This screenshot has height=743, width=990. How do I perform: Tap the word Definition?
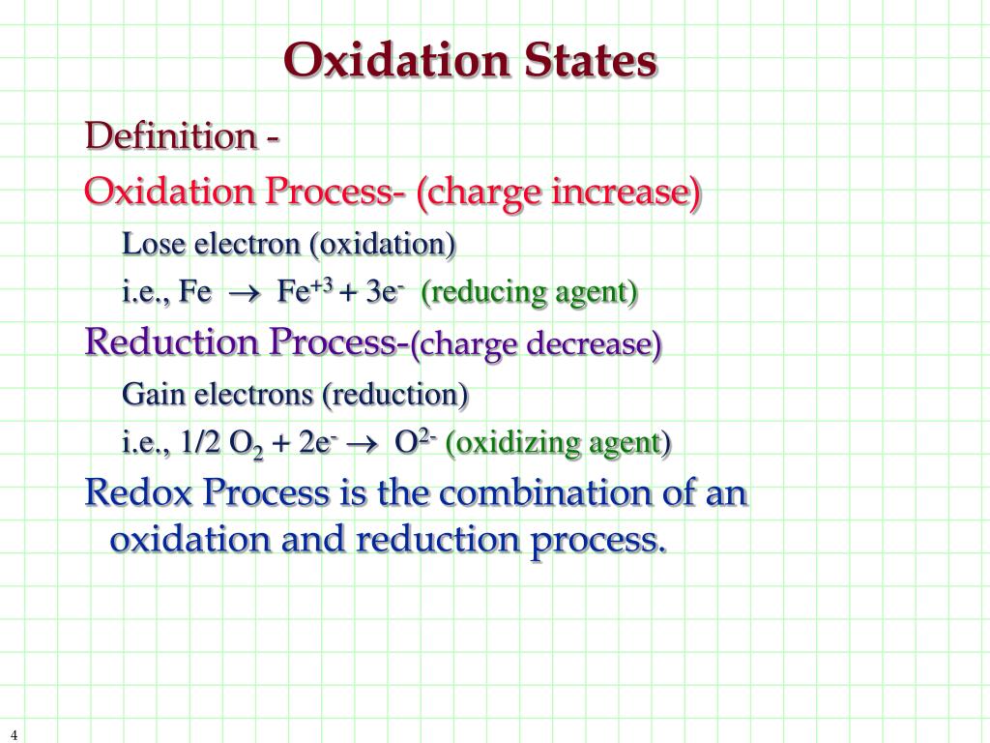pyautogui.click(x=169, y=136)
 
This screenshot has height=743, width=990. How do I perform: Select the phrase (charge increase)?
pyautogui.click(x=560, y=192)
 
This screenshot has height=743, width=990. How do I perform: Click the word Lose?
pyautogui.click(x=155, y=244)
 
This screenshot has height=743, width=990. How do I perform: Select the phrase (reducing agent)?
pyautogui.click(x=529, y=292)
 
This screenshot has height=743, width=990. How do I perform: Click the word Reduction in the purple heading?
pyautogui.click(x=173, y=342)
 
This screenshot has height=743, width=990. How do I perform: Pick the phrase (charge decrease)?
pyautogui.click(x=537, y=343)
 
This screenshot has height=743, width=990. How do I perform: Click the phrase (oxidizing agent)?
pyautogui.click(x=558, y=443)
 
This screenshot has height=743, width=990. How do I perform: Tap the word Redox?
pyautogui.click(x=138, y=493)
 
